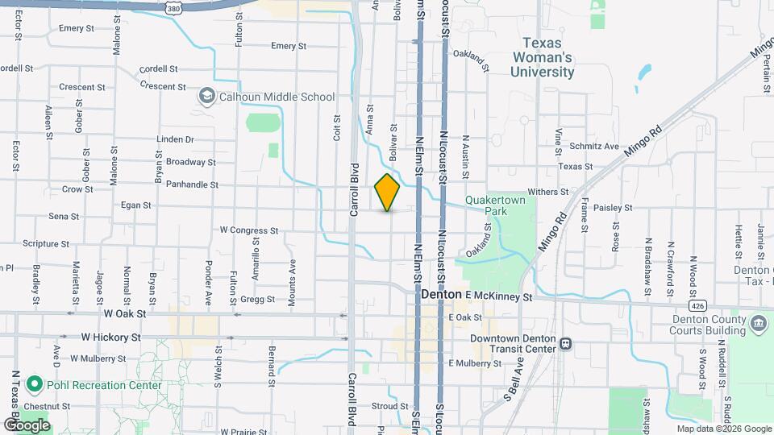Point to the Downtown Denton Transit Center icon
566,344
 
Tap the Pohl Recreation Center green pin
35,384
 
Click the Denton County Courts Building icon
758,324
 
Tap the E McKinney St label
499,296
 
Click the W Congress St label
249,230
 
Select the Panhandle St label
192,184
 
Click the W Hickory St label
110,338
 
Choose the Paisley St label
613,207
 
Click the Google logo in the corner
27,425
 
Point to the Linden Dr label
176,139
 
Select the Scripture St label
52,243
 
